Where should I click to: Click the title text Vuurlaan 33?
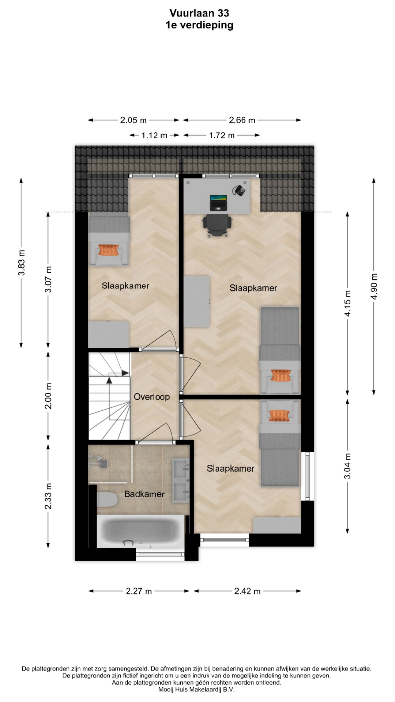click(199, 13)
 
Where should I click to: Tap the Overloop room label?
click(152, 397)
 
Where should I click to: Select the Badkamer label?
click(144, 494)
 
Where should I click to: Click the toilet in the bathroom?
click(107, 499)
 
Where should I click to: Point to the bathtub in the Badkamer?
click(141, 531)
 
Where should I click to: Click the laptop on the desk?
click(218, 203)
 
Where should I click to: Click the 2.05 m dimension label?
click(133, 120)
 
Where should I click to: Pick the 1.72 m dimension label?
click(222, 135)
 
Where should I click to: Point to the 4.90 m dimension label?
click(374, 286)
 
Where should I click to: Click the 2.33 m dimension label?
click(48, 496)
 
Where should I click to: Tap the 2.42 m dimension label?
click(247, 591)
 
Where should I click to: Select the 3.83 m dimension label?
click(22, 263)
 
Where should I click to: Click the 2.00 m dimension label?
click(48, 396)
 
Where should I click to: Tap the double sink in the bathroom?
click(181, 480)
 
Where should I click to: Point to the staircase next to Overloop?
click(109, 396)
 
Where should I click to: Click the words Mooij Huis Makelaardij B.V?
click(196, 690)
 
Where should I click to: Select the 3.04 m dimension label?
click(347, 466)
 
